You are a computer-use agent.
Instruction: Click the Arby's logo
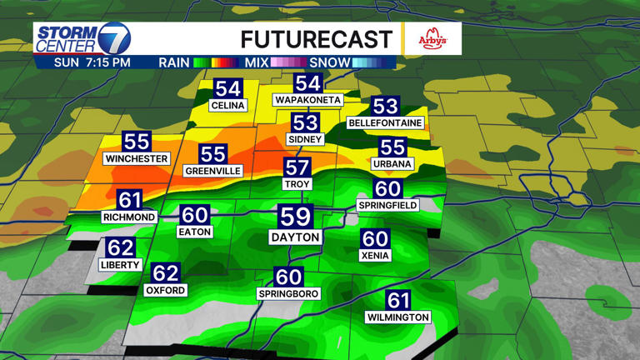pos(432,38)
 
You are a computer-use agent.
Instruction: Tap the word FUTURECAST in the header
pos(316,38)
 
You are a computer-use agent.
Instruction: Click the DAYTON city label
pos(295,237)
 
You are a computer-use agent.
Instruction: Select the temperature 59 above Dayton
pos(295,217)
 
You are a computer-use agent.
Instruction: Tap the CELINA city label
pos(227,106)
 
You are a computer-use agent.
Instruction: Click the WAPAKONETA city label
pos(308,100)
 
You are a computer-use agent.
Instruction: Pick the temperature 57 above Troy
pos(297,167)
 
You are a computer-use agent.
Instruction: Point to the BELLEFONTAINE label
pos(385,123)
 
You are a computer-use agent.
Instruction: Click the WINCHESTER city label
pos(137,158)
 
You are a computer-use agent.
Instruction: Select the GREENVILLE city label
pos(213,171)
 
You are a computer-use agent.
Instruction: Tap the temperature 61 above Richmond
pos(129,200)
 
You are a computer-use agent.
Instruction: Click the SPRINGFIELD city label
pos(387,205)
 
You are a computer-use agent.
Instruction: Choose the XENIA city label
pos(375,256)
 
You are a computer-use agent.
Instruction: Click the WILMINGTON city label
pos(398,317)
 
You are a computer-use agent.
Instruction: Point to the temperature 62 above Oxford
pos(165,272)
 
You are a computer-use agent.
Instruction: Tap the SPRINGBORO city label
pos(288,295)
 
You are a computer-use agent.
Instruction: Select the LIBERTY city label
pos(121,264)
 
